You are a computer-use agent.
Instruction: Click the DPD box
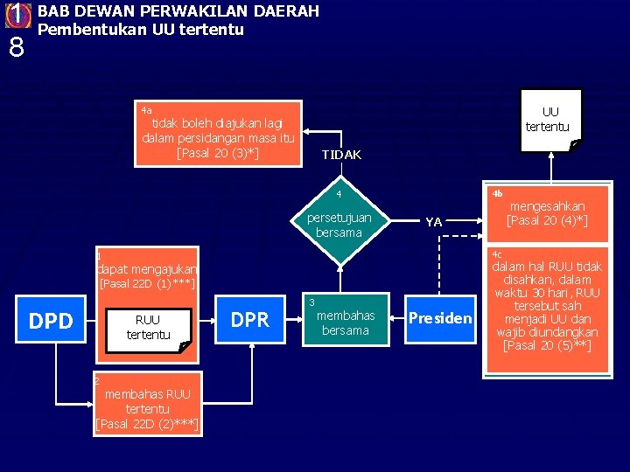[52, 321]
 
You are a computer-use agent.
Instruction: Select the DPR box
[249, 320]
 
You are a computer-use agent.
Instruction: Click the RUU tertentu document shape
[148, 328]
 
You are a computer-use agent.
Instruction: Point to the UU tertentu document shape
[549, 120]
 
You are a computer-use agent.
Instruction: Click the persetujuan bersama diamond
[344, 225]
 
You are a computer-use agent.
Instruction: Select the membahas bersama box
[345, 322]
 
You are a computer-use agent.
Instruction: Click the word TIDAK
[341, 155]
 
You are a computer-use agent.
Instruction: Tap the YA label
[433, 222]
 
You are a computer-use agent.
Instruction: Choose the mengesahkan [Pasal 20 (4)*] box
[547, 213]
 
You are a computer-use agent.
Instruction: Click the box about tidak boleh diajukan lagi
[218, 133]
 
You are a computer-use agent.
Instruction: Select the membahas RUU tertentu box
[147, 408]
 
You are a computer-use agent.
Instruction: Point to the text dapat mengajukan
[147, 270]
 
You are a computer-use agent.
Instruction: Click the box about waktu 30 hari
[547, 306]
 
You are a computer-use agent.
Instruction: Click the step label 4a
[146, 110]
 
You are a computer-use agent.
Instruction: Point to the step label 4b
[497, 192]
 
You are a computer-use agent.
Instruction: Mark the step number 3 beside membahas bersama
[311, 302]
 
